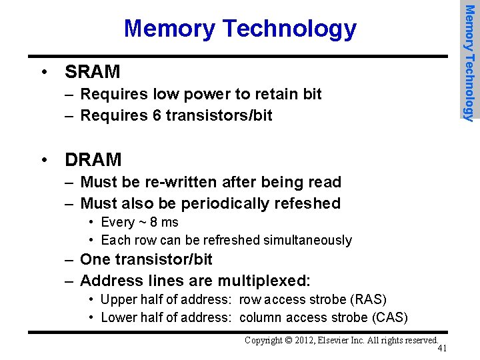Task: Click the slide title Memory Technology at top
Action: click(240, 29)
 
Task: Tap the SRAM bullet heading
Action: click(92, 71)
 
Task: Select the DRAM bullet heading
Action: click(93, 160)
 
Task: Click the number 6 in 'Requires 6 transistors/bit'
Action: click(157, 115)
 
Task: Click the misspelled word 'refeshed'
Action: click(308, 203)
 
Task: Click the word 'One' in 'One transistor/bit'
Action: click(93, 259)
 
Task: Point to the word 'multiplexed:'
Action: click(268, 281)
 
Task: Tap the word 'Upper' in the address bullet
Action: click(119, 299)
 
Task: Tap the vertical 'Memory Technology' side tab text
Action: click(469, 63)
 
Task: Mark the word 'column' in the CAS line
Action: click(262, 317)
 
